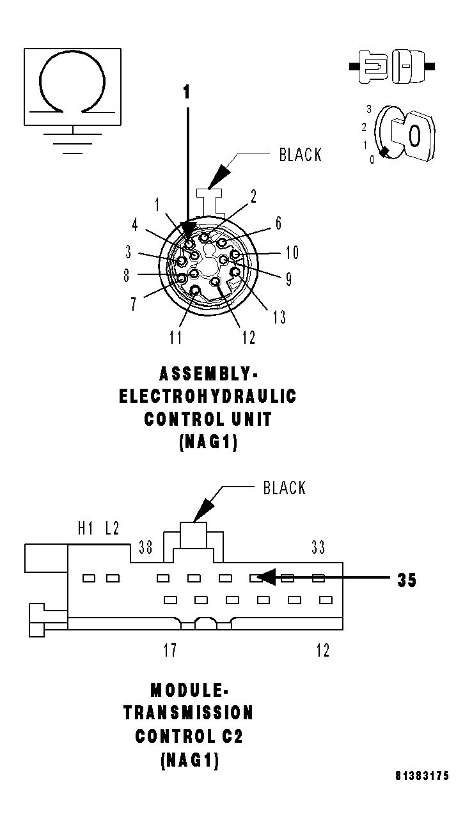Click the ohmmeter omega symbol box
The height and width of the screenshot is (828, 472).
coord(72,86)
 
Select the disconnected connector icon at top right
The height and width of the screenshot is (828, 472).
coord(392,66)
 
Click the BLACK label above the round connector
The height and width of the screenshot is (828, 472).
coord(300,155)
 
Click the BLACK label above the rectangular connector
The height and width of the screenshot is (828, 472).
coord(285,488)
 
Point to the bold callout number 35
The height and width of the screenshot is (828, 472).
coord(406,580)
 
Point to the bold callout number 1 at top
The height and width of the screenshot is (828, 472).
coord(187,93)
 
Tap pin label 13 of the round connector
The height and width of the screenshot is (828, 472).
coord(278,316)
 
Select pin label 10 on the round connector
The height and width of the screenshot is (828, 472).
coord(292,253)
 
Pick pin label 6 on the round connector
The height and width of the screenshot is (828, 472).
coord(278,223)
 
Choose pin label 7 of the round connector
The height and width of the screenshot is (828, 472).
coord(134,304)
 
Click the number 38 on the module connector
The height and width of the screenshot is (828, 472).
coord(146,547)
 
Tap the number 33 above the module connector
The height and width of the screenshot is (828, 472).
coord(318,547)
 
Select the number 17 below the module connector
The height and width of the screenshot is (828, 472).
coord(169,651)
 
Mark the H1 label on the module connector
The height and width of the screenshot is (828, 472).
coord(86,528)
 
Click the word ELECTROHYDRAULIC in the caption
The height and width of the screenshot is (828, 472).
coord(208,396)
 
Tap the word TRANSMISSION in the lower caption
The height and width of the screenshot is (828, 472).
coord(189,712)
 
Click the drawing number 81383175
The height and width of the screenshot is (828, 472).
coord(421,776)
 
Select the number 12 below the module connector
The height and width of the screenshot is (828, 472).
coord(322,651)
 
